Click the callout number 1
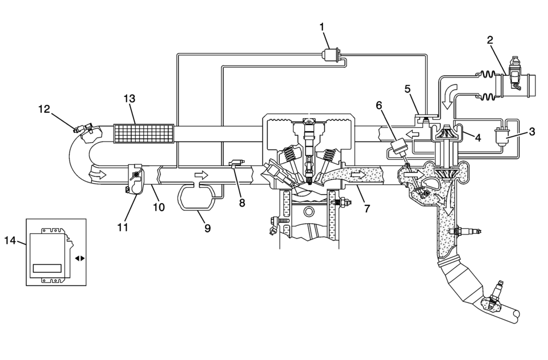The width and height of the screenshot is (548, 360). [x=321, y=27]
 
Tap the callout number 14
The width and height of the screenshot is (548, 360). [x=10, y=240]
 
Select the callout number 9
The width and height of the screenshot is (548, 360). [x=207, y=228]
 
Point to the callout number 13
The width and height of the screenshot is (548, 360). [x=130, y=99]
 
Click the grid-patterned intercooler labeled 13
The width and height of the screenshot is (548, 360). [x=144, y=134]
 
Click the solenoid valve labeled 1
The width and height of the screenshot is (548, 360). [x=331, y=55]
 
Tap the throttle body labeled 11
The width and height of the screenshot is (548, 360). [x=135, y=178]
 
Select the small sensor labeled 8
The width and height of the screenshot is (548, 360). [x=236, y=163]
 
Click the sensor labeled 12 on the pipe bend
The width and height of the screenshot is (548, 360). [x=84, y=128]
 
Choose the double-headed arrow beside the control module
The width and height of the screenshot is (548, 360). [x=80, y=258]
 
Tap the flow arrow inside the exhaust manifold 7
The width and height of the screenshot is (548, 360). [x=358, y=173]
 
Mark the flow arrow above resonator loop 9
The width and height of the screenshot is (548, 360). [x=202, y=174]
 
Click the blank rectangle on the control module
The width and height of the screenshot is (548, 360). [x=47, y=268]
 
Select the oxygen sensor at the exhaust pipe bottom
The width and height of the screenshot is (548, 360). [x=494, y=295]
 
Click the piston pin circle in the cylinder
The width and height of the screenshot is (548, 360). [x=309, y=212]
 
